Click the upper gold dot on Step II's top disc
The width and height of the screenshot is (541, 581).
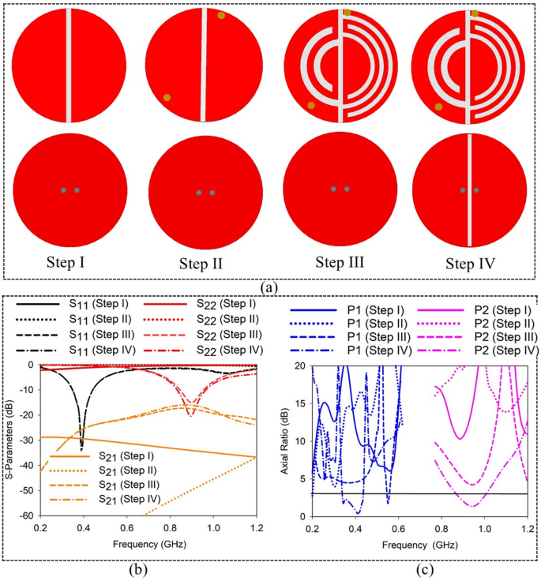pos(221,15)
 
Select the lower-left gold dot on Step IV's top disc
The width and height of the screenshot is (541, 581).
pos(438,106)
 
